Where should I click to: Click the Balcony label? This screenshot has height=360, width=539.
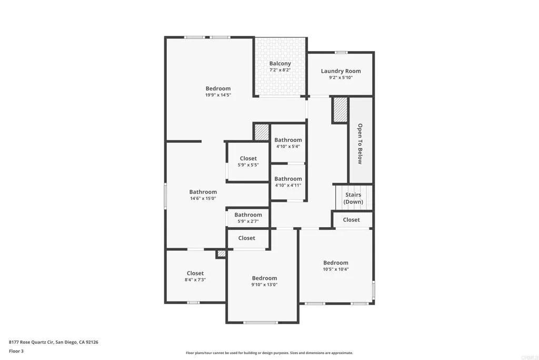coord(280,64)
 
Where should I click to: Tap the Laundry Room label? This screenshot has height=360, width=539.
coord(341,71)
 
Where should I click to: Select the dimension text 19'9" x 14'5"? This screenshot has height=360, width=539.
coord(218,95)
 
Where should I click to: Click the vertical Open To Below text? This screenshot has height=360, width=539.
coord(360,143)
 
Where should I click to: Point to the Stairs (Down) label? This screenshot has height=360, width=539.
coord(353,198)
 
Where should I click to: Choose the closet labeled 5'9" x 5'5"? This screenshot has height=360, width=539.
coord(248,161)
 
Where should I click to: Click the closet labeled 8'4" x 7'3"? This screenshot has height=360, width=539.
coord(195,276)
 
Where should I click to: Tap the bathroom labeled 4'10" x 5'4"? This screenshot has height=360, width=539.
coord(288,143)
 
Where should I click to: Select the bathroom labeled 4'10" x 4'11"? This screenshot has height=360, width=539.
coord(288,182)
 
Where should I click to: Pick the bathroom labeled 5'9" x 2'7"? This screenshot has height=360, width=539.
coord(248,218)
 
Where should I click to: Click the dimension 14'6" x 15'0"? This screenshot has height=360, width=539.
coord(203,199)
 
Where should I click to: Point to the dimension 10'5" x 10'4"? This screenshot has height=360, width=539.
coord(336,269)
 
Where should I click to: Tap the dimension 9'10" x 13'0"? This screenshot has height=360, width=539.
coord(264,285)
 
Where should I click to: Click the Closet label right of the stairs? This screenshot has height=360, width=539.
coord(351,220)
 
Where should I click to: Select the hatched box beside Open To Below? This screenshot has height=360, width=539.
coord(340,110)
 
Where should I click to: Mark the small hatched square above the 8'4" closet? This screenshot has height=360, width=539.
coord(221,254)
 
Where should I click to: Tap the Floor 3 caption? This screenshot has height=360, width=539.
coord(16,351)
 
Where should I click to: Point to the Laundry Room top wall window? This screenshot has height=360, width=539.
coord(341,52)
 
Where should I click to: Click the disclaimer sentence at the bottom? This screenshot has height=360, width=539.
coord(269,353)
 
